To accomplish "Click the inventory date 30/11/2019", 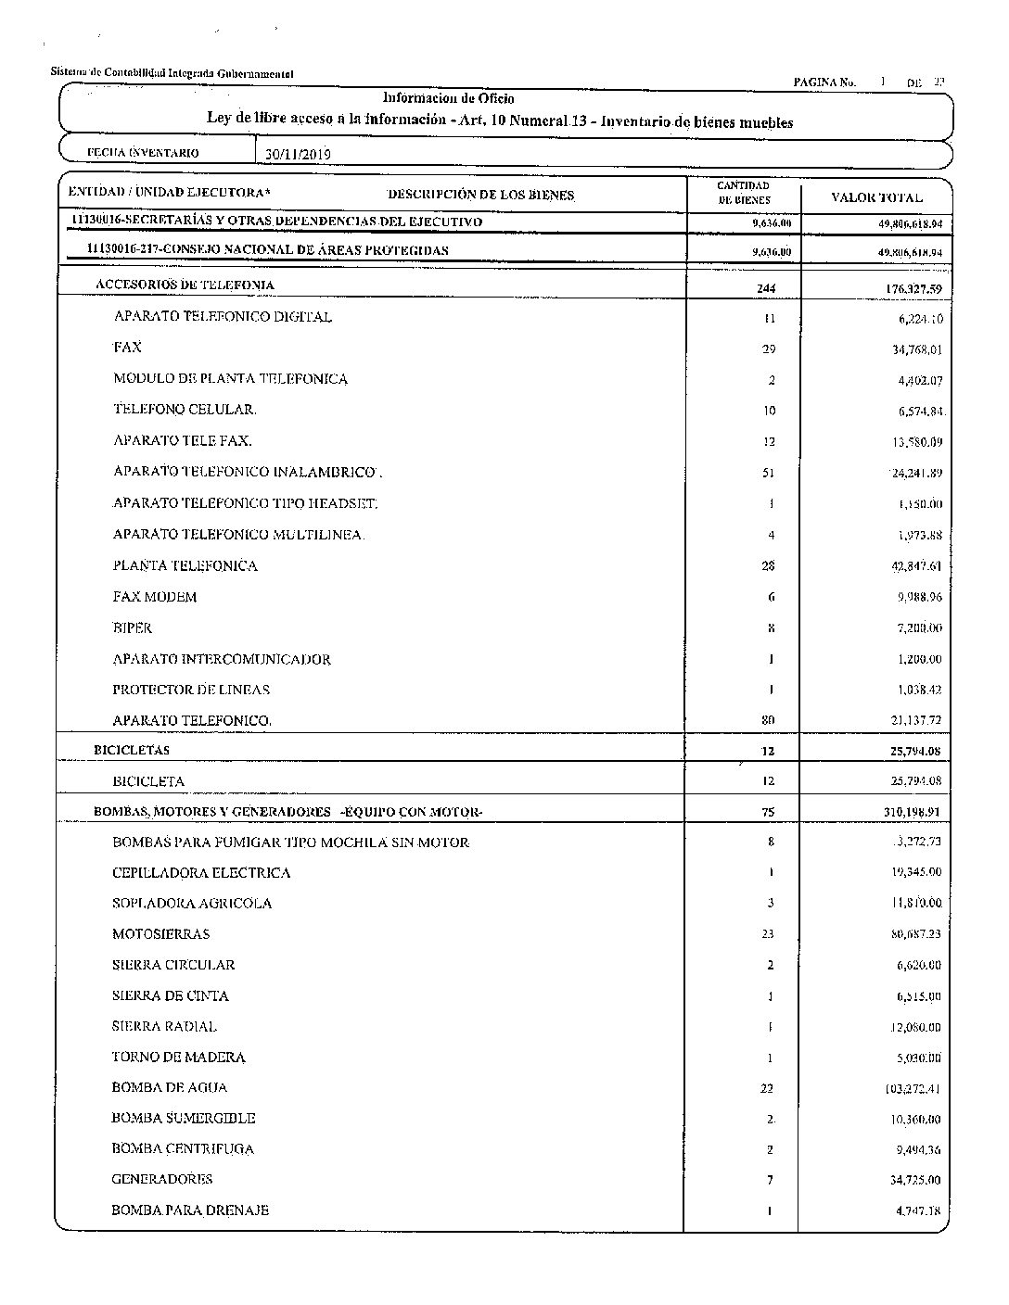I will click(x=298, y=155).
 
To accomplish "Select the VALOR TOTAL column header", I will click(x=876, y=197).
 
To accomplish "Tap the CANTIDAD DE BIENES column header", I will click(x=744, y=193).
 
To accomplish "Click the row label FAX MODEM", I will click(x=155, y=597).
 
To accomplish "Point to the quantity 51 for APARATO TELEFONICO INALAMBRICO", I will click(x=770, y=474).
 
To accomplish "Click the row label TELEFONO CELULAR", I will click(x=185, y=410).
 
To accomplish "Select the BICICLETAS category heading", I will click(x=132, y=750).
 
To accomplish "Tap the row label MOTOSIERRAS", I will click(x=160, y=934).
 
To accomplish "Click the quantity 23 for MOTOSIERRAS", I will click(x=768, y=935).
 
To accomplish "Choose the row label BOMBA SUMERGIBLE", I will click(x=183, y=1119).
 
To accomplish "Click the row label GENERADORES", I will click(x=161, y=1180).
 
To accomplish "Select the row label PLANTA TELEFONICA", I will click(x=185, y=565).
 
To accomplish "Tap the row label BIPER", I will click(x=132, y=627).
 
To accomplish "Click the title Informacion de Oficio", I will click(x=449, y=98).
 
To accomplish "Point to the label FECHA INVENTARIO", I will click(x=142, y=153).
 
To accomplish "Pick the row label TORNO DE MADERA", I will click(x=178, y=1058).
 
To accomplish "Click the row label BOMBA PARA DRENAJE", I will click(x=190, y=1210).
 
